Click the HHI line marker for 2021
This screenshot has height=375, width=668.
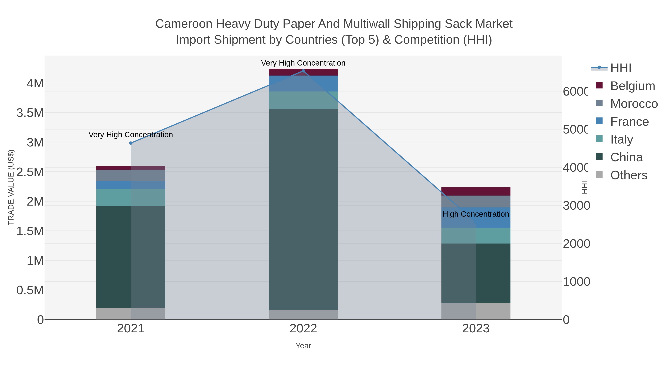click(131, 143)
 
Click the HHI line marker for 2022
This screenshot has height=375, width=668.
click(303, 71)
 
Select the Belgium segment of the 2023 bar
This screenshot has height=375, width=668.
click(476, 191)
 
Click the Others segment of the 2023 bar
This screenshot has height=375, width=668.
click(476, 311)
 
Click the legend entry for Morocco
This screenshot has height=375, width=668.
click(634, 104)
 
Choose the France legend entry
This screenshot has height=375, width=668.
click(629, 122)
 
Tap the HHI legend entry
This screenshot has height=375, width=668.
click(620, 68)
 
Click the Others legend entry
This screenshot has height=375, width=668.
click(629, 175)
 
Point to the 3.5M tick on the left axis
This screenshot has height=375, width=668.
click(30, 113)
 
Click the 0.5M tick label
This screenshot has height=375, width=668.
click(30, 290)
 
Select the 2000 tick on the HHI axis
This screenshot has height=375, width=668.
click(576, 244)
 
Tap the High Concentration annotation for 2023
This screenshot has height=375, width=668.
click(476, 214)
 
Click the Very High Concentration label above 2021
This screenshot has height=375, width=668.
click(131, 135)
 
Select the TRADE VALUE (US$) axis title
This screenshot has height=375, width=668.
click(11, 187)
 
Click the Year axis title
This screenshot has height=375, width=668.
click(303, 346)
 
